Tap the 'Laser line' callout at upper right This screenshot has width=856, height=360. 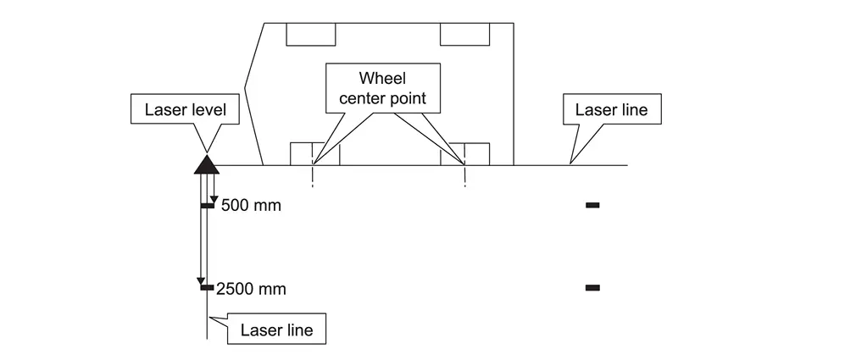(x=610, y=109)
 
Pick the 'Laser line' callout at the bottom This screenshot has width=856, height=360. (x=276, y=330)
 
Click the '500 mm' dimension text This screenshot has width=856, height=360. (x=250, y=206)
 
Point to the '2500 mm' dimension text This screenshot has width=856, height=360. (x=252, y=289)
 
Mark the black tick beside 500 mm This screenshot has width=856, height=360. (x=207, y=205)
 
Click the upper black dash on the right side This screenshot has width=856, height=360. (x=592, y=205)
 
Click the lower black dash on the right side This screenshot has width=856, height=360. (x=592, y=288)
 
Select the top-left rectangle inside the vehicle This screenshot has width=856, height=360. (x=312, y=34)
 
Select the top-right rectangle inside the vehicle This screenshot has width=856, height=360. (x=464, y=34)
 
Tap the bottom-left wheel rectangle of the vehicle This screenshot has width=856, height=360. (x=314, y=154)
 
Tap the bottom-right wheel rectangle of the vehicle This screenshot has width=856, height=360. (x=464, y=154)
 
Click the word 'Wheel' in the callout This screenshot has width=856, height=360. (x=382, y=79)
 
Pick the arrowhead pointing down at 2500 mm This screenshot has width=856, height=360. (x=202, y=281)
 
